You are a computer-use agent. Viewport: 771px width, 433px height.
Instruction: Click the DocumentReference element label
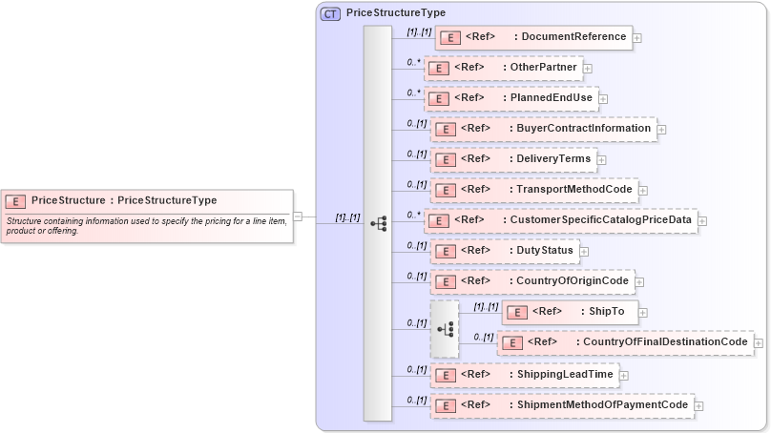(570, 37)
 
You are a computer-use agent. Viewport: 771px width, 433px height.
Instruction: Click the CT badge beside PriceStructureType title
(330, 13)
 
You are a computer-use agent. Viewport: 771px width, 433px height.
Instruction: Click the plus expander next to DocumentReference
(637, 38)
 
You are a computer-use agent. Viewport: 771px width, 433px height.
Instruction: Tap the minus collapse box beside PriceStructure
(298, 216)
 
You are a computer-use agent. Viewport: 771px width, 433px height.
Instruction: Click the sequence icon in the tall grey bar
(379, 223)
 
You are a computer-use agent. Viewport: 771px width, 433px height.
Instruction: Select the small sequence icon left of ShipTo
(445, 329)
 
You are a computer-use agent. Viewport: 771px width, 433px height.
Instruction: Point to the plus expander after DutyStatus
(584, 252)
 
